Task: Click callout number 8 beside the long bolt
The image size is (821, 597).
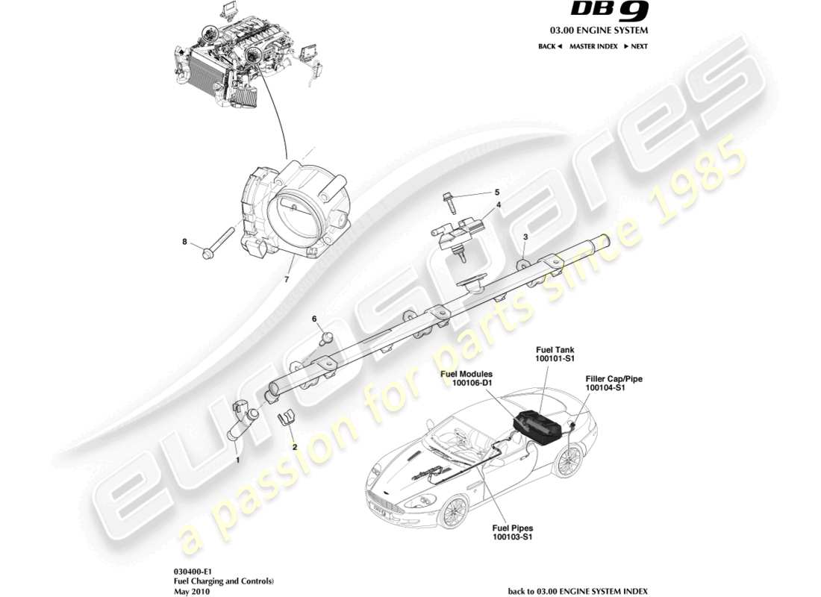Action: (x=185, y=241)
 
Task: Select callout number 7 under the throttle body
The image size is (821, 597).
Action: (x=285, y=280)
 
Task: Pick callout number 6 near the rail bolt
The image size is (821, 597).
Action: (x=315, y=319)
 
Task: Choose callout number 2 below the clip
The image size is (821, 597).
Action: (x=295, y=446)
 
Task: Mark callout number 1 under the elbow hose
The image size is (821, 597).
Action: (x=237, y=460)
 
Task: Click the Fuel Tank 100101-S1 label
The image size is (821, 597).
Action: (x=555, y=353)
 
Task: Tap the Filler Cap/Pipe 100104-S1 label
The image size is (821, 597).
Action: (x=614, y=384)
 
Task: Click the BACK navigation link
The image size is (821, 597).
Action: (x=549, y=46)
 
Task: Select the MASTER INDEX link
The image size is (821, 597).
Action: (x=593, y=46)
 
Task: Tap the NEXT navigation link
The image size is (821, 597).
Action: (x=636, y=46)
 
